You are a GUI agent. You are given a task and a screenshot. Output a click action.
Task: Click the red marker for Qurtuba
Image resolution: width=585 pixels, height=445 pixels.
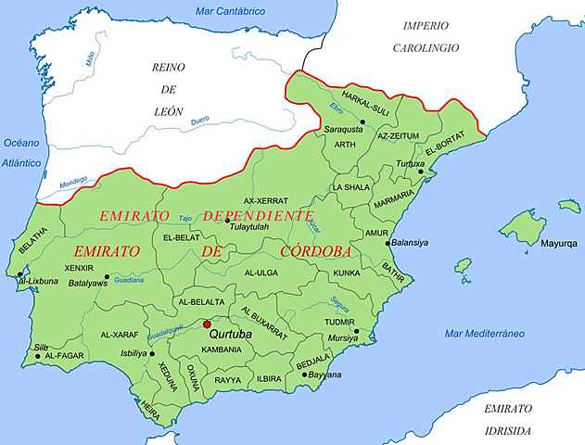coord(207,324)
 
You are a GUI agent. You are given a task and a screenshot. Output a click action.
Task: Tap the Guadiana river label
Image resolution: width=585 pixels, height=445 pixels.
coord(129,280)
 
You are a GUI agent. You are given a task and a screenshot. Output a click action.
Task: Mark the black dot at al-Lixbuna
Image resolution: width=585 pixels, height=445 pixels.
coord(19,274)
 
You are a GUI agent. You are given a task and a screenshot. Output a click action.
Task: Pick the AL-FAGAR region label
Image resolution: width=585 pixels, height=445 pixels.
coord(65,356)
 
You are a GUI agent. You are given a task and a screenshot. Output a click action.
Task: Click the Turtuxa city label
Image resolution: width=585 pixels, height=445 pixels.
coord(412,162)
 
